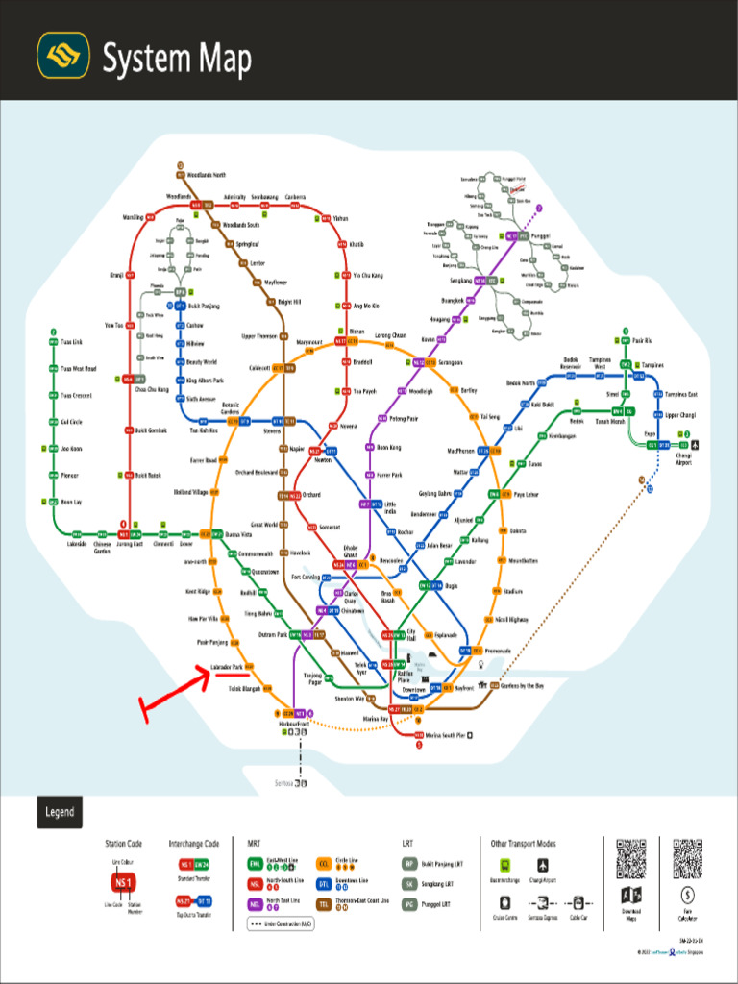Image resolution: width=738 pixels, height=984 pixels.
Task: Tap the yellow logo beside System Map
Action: [x=63, y=56]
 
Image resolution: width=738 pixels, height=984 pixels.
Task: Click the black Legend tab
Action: [x=60, y=812]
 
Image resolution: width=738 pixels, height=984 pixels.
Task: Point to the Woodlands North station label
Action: [x=207, y=175]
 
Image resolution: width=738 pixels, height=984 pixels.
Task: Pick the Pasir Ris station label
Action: [x=642, y=341]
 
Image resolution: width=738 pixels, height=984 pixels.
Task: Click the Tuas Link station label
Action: [x=72, y=341]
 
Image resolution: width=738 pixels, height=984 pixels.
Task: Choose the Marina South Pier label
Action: [x=447, y=735]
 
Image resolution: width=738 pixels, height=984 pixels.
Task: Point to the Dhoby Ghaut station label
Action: [x=351, y=551]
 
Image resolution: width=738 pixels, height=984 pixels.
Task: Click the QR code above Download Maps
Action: [x=631, y=858]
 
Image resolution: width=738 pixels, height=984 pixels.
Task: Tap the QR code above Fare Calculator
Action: [x=688, y=858]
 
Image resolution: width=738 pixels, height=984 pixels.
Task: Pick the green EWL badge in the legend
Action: [x=254, y=864]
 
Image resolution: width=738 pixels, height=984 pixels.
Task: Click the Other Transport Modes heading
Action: [x=523, y=844]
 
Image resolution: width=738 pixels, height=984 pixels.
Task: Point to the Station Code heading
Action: [x=123, y=844]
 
